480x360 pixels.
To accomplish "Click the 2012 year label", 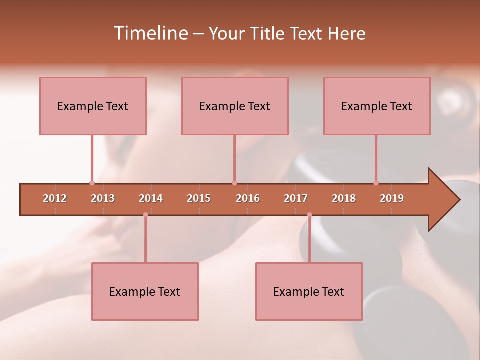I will coord(55,198).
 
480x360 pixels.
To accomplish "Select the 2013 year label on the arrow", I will coord(103,198).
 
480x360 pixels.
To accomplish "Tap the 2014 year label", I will coord(151,198).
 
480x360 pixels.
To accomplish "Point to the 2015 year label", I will coord(199,198).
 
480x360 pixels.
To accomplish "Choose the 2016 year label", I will coord(248,198).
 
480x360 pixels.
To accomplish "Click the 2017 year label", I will coord(296,198).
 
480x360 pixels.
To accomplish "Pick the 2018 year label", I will coord(344,198).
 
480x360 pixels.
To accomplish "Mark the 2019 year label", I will coord(392,198).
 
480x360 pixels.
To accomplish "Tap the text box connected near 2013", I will coord(93,106).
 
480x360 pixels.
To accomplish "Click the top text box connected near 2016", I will coord(235,106).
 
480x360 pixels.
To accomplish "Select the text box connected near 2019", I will coord(377,106).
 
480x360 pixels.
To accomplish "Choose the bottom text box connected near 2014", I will coord(145,291).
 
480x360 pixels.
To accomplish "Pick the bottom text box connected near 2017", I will coord(309,291).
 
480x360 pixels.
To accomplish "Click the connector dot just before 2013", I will coord(92,183).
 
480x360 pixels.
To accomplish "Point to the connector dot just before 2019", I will coord(376,183).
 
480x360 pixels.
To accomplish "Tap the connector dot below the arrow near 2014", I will coord(145,215).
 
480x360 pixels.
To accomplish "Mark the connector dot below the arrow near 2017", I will coord(309,215).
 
